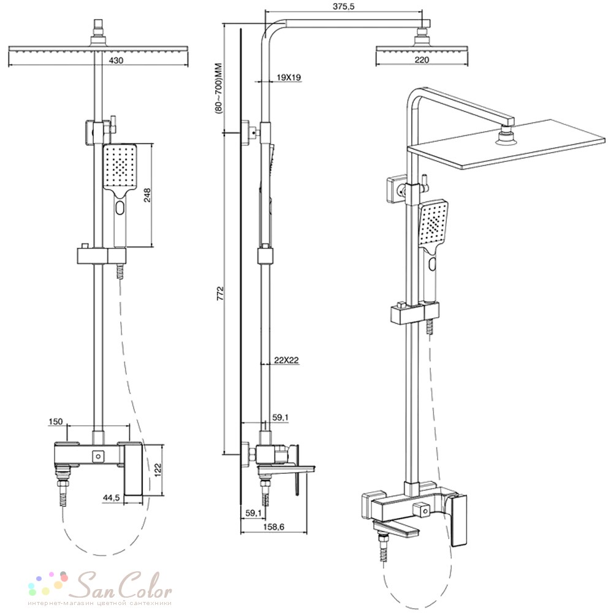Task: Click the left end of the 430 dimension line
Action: [x=9, y=66]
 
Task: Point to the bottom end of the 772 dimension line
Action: [x=224, y=454]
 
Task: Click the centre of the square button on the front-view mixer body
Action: [x=97, y=456]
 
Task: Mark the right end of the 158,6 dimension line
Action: [x=307, y=533]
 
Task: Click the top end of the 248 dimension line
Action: [x=151, y=143]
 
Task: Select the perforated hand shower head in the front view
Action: [x=120, y=166]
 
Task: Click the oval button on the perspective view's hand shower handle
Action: [x=432, y=264]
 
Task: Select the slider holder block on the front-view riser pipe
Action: [x=102, y=256]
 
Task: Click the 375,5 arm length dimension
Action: [x=344, y=7]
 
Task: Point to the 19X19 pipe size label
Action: [x=289, y=77]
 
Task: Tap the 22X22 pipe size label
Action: [x=286, y=360]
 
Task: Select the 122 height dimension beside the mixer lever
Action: [x=158, y=470]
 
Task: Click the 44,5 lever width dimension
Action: [x=111, y=498]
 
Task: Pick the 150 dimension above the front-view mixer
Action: [x=56, y=422]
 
